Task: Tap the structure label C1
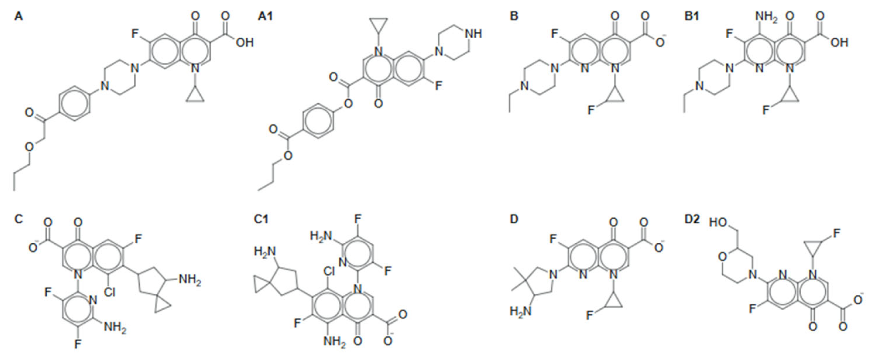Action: coord(261,219)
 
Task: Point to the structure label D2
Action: coord(691,219)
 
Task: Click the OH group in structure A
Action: coord(244,43)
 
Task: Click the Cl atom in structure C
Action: coord(109,292)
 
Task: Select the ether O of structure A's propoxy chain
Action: coord(30,147)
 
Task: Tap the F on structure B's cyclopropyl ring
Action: coord(591,110)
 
